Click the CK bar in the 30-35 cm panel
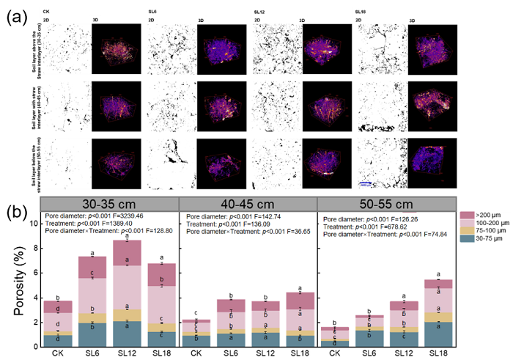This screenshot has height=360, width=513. click(57, 323)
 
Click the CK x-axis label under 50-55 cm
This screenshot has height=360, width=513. click(334, 353)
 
